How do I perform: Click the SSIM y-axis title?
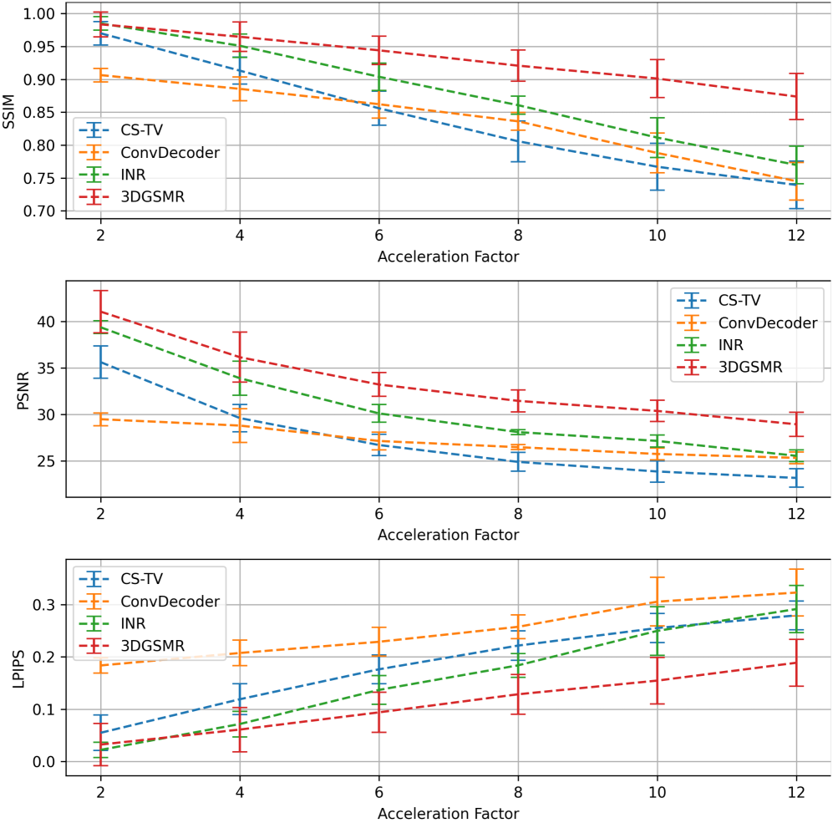point(9,113)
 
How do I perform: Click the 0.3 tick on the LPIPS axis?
point(47,605)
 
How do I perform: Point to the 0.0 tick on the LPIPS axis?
point(47,762)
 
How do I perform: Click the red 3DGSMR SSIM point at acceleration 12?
point(796,96)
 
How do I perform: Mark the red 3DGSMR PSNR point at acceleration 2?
point(100,311)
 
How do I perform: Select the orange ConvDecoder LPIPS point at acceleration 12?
point(796,592)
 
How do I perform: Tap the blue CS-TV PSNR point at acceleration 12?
point(796,478)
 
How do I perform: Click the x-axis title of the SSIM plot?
point(448,257)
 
